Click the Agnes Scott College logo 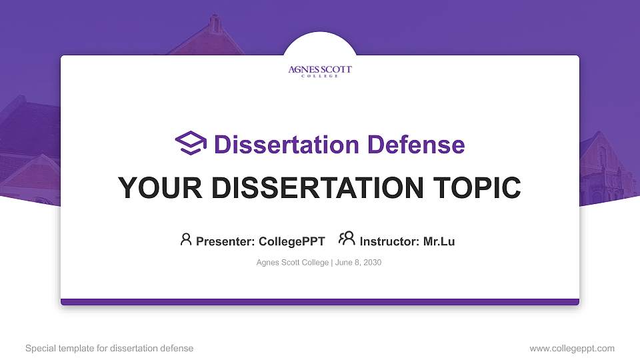pyautogui.click(x=320, y=71)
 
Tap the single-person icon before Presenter pyautogui.click(x=186, y=239)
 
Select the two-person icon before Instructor pyautogui.click(x=347, y=239)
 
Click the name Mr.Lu pyautogui.click(x=439, y=241)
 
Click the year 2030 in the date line pyautogui.click(x=371, y=263)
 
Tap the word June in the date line pyautogui.click(x=344, y=263)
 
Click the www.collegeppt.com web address pyautogui.click(x=572, y=348)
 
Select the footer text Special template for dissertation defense pyautogui.click(x=109, y=348)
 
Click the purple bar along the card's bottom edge pyautogui.click(x=320, y=302)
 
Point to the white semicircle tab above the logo pyautogui.click(x=320, y=44)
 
